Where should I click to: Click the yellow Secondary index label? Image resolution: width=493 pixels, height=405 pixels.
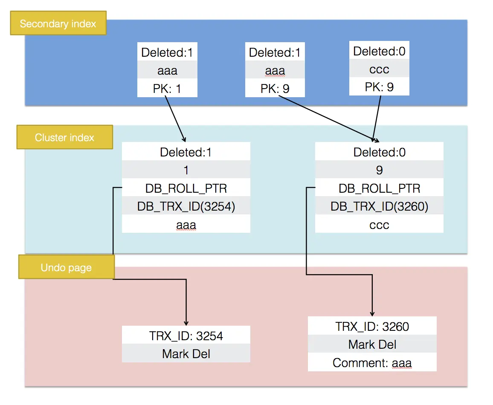coord(58,23)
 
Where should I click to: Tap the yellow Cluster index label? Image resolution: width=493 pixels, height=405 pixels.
coord(64,137)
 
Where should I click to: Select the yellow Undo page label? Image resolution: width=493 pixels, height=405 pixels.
coord(66,267)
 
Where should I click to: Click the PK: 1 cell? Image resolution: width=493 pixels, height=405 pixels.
coord(168,89)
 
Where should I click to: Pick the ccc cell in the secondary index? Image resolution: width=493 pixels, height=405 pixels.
coord(379,69)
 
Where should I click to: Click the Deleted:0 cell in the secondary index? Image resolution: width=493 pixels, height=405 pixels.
coord(379,51)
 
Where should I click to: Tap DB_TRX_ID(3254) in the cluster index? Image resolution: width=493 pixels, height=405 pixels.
coord(186,206)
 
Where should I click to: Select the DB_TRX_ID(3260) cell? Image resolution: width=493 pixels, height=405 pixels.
coord(379,206)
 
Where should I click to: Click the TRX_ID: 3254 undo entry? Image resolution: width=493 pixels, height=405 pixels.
coord(186,336)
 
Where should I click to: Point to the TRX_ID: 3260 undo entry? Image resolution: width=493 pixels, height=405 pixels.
coord(372,326)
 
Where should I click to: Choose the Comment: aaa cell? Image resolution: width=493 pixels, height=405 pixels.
coord(372,362)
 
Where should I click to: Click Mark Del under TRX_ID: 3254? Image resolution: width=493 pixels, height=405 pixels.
coord(186,353)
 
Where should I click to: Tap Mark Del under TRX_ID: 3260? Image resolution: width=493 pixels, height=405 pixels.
coord(372,344)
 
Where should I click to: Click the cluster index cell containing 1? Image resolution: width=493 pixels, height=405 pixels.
coord(186,170)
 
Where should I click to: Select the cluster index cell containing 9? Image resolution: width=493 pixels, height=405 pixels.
coord(379,170)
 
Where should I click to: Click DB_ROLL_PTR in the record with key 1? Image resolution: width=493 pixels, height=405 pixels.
coord(186,188)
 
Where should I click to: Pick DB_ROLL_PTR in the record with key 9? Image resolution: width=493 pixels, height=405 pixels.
coord(379,188)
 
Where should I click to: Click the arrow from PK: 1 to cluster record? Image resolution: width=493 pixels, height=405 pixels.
coord(175,119)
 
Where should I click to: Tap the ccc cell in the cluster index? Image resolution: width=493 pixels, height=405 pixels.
coord(379,224)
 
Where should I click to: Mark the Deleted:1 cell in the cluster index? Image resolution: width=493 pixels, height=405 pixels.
coord(186,152)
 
